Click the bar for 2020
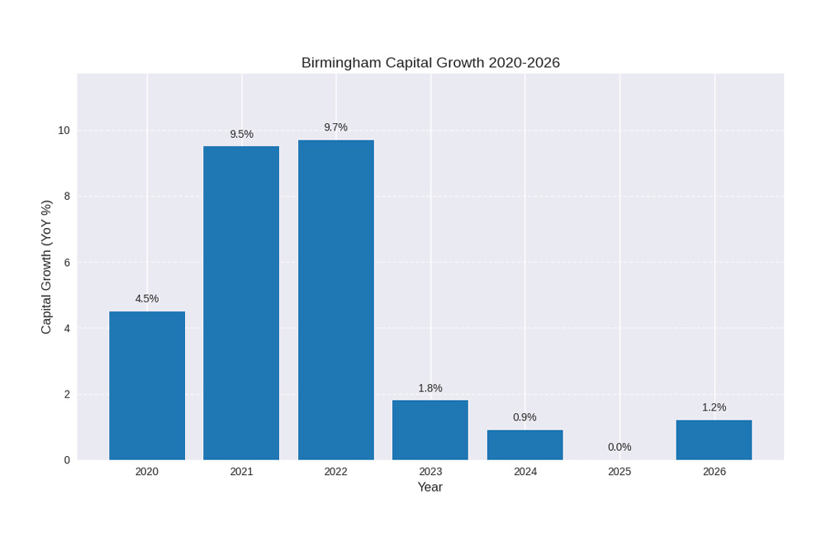[147, 385]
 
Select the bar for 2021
[241, 302]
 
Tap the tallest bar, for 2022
[336, 299]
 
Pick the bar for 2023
[430, 430]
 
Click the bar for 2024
[525, 444]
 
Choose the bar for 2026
[714, 439]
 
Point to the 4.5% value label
[147, 298]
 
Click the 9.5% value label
[241, 134]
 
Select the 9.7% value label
[336, 127]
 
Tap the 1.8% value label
[430, 387]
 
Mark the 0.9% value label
[525, 417]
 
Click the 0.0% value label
[619, 447]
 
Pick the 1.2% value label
[714, 407]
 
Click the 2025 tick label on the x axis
[619, 472]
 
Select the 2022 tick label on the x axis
[336, 472]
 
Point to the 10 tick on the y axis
[64, 131]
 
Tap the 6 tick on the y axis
[67, 262]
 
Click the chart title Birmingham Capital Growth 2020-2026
[430, 63]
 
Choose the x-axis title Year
[430, 487]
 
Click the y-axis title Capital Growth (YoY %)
[46, 267]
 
